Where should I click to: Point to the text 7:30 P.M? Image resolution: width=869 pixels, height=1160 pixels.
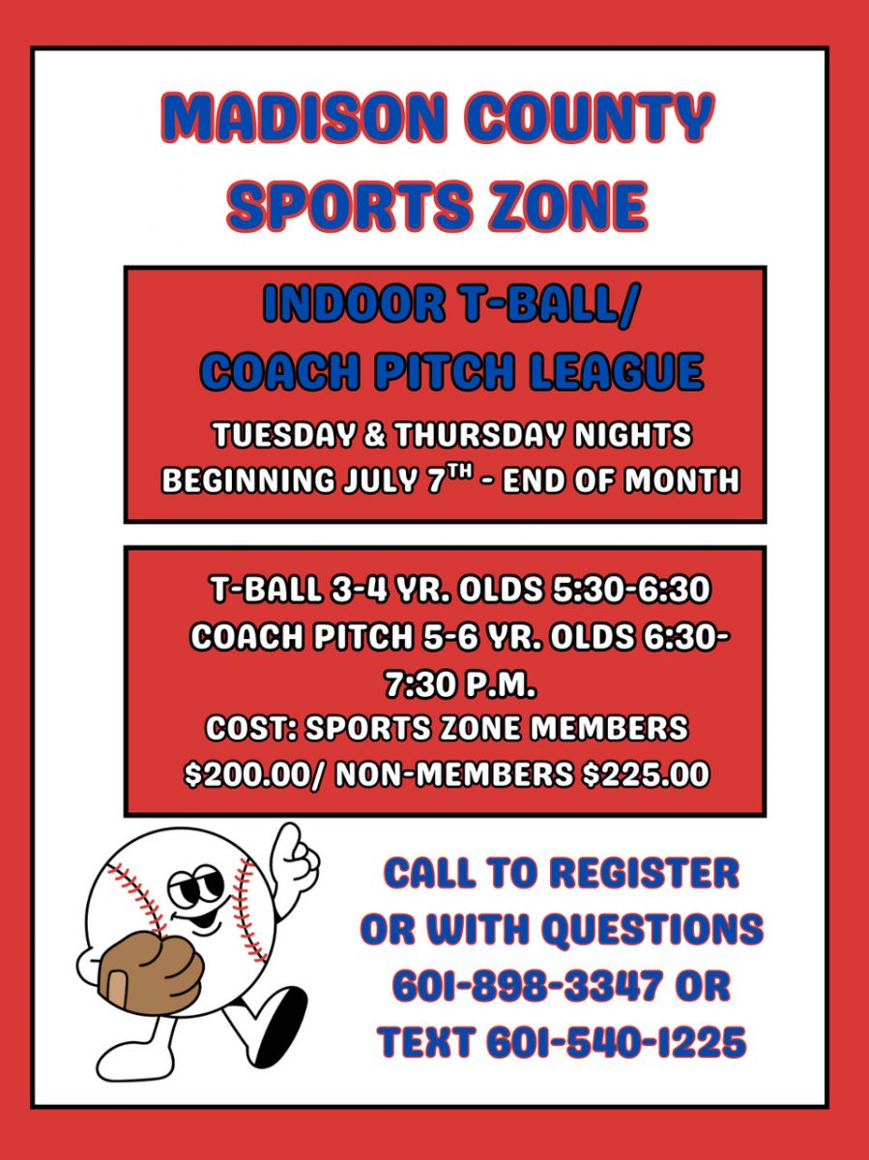(x=459, y=686)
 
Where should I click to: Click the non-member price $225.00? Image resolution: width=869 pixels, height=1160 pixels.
(x=645, y=774)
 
